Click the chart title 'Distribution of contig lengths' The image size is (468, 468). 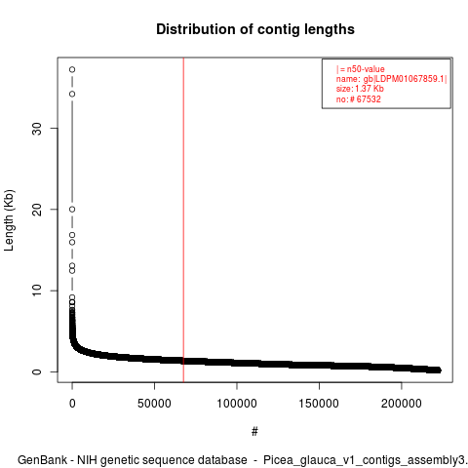(x=255, y=29)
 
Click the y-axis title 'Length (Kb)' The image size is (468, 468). (x=9, y=220)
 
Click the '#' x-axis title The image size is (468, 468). (x=254, y=432)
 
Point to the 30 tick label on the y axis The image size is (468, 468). (x=37, y=129)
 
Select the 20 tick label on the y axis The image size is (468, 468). (x=37, y=210)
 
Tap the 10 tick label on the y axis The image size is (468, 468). (x=37, y=291)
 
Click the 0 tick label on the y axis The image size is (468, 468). (x=37, y=371)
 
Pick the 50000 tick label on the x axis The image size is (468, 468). (x=154, y=404)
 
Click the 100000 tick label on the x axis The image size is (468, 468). (x=237, y=404)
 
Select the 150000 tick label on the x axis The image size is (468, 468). (x=319, y=404)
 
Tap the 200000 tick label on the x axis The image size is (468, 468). (x=402, y=404)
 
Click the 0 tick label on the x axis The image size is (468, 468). (x=72, y=404)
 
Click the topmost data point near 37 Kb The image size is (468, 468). (x=72, y=69)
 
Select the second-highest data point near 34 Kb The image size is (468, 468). (x=72, y=94)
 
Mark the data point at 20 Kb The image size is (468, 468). (x=72, y=210)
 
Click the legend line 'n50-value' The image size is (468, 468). (x=361, y=69)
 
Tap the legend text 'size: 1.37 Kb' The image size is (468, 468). (x=360, y=89)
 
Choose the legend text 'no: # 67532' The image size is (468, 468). (x=358, y=98)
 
